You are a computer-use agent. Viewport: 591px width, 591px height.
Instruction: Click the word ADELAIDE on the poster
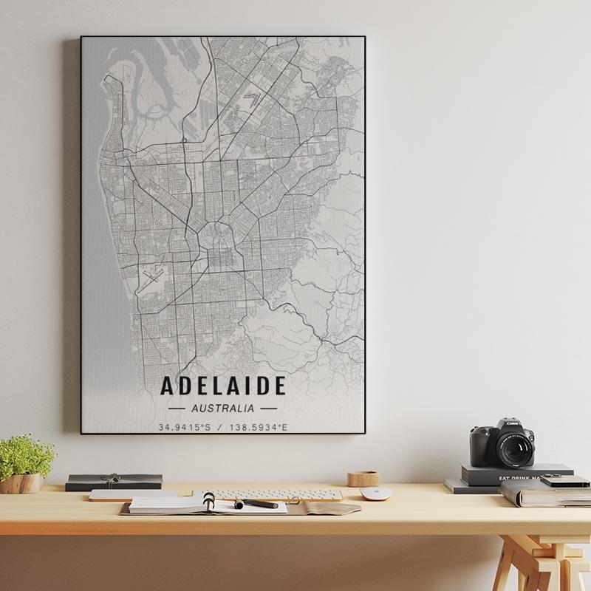222,386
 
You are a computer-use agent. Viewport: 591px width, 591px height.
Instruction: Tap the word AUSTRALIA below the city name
222,407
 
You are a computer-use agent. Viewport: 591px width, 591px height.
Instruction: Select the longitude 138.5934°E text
259,427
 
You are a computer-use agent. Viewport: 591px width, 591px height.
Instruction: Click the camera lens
515,448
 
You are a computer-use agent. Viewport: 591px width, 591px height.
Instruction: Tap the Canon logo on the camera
513,423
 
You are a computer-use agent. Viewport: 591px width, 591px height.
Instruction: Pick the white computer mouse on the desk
375,493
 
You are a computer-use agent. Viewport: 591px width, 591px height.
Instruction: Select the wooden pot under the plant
21,483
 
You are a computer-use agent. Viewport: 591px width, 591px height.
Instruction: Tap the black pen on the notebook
256,504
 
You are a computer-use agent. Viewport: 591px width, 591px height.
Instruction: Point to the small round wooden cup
363,479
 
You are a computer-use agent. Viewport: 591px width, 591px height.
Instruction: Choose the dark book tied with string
114,482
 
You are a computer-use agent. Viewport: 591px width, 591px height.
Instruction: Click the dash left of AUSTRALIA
177,408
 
